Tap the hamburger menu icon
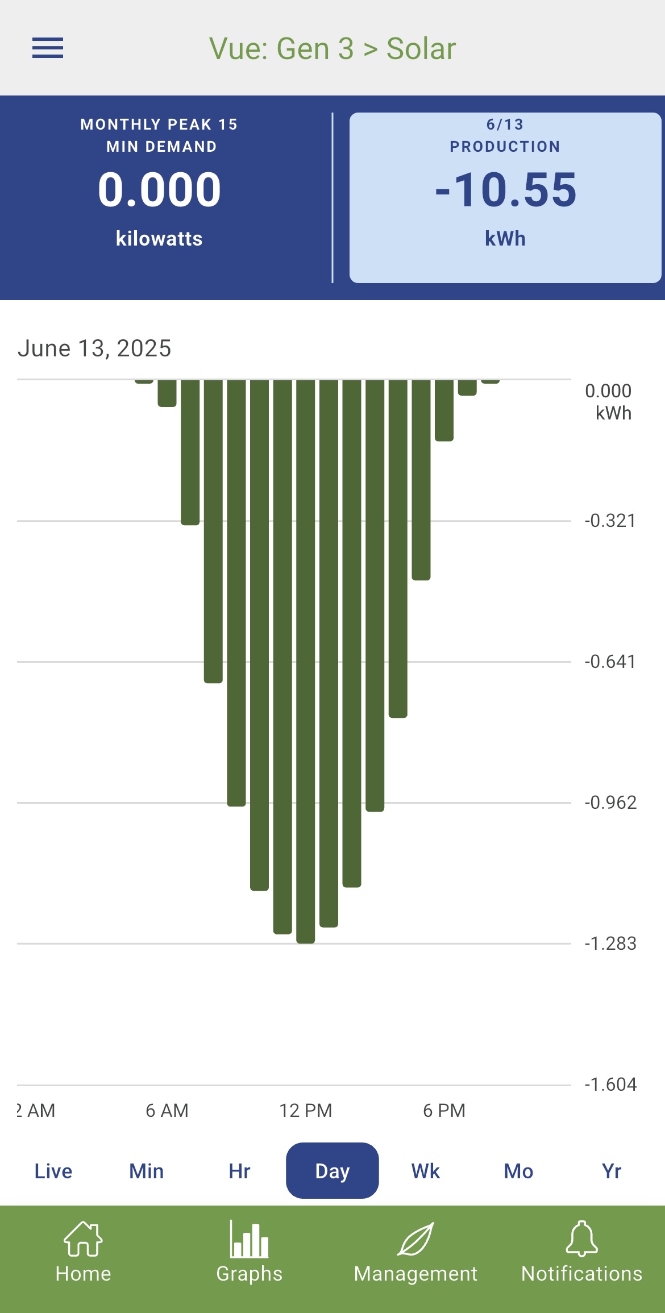tap(48, 48)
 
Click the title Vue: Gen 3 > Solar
tap(332, 49)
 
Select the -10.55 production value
tap(505, 190)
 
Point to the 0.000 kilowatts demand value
tap(159, 190)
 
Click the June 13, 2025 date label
tap(94, 348)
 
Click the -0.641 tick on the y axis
tap(610, 662)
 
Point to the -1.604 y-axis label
tap(610, 1085)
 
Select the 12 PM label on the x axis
tap(306, 1110)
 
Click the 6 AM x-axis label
tap(167, 1110)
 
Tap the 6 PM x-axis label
tap(444, 1110)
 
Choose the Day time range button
tap(332, 1171)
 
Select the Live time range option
tap(53, 1171)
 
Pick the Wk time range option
tap(426, 1171)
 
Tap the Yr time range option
tap(612, 1171)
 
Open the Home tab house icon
tap(83, 1239)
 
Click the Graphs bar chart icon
tap(250, 1239)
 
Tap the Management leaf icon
tap(415, 1239)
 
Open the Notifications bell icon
tap(582, 1239)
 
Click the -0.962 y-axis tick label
tap(610, 803)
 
